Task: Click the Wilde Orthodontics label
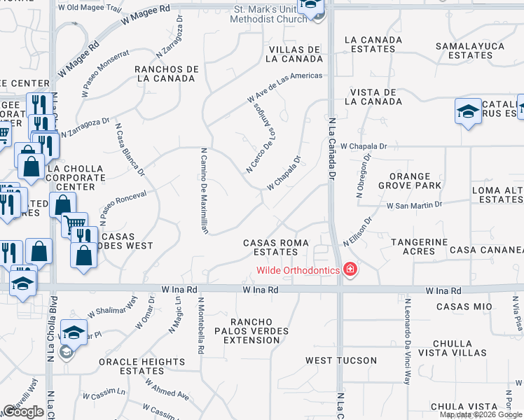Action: [x=298, y=270]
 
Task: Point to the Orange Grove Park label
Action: [x=410, y=180]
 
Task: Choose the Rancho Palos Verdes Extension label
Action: [x=251, y=335]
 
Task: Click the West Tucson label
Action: [x=341, y=361]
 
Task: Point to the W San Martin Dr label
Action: [x=415, y=205]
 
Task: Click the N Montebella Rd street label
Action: [x=200, y=331]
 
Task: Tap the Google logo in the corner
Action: [x=23, y=412]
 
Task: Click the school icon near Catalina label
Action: [x=468, y=112]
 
